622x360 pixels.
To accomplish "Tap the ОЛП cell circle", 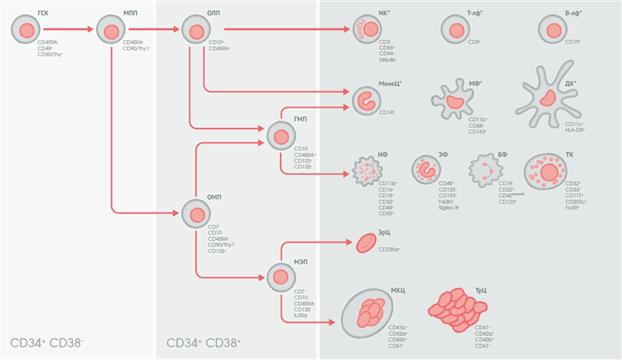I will pos(195,31).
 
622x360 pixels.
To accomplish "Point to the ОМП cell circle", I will pos(195,213).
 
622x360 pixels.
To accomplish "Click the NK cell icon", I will pos(367,30).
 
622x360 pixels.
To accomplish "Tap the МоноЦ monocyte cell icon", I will pos(366,100).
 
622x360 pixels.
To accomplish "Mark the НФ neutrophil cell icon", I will pos(366,172).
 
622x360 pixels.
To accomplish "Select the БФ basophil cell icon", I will pos(483,169).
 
